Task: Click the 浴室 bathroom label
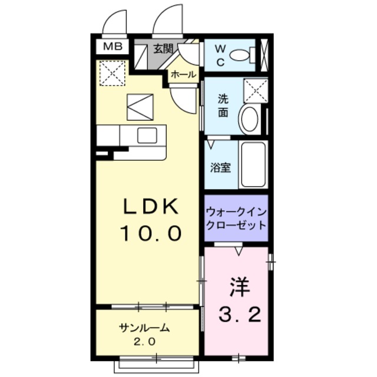[221, 167]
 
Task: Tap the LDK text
[150, 207]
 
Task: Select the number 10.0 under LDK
[150, 234]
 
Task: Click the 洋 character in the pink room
[239, 289]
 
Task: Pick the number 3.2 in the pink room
[239, 316]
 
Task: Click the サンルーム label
[144, 328]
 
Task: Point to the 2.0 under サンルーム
[144, 342]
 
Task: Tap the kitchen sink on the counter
[147, 135]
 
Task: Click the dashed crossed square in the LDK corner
[112, 73]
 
